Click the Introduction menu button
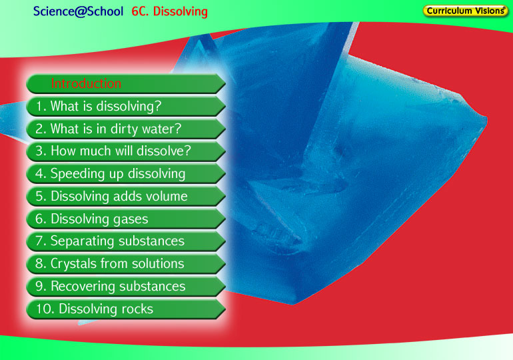click(x=126, y=84)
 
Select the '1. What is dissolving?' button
click(x=126, y=107)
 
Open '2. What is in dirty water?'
click(x=126, y=129)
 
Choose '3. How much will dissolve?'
click(x=126, y=151)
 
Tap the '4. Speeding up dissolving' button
click(x=126, y=174)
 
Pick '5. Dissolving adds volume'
click(x=126, y=197)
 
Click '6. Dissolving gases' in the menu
click(x=126, y=219)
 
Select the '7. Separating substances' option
click(x=126, y=241)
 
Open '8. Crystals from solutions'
click(x=126, y=264)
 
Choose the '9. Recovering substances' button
click(x=126, y=287)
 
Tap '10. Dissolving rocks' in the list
click(x=126, y=309)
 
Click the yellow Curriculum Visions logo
click(x=465, y=11)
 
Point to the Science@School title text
click(x=78, y=11)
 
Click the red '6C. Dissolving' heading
click(x=169, y=11)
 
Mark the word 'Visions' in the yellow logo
click(x=490, y=11)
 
